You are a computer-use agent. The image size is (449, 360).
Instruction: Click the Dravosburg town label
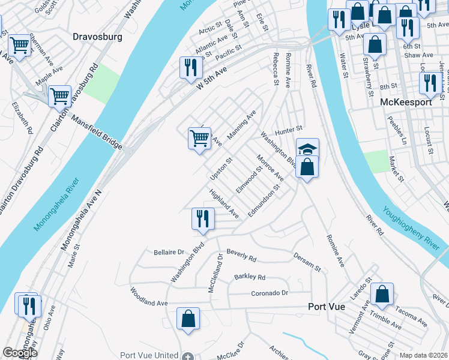tap(97, 37)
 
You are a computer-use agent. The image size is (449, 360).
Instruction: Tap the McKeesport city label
tap(406, 103)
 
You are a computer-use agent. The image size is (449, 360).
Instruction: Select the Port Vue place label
tap(326, 306)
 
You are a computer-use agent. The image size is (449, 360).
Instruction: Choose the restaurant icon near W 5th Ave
tap(190, 67)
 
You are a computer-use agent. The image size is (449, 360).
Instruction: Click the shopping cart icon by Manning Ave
tap(199, 138)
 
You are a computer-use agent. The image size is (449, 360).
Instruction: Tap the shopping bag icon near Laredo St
tap(382, 294)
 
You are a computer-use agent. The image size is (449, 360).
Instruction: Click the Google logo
tap(20, 353)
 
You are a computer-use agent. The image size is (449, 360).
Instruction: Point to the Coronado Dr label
tap(270, 293)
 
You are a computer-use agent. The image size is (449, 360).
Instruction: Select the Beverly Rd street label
tap(241, 256)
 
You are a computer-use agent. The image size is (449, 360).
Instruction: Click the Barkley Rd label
tap(249, 277)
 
